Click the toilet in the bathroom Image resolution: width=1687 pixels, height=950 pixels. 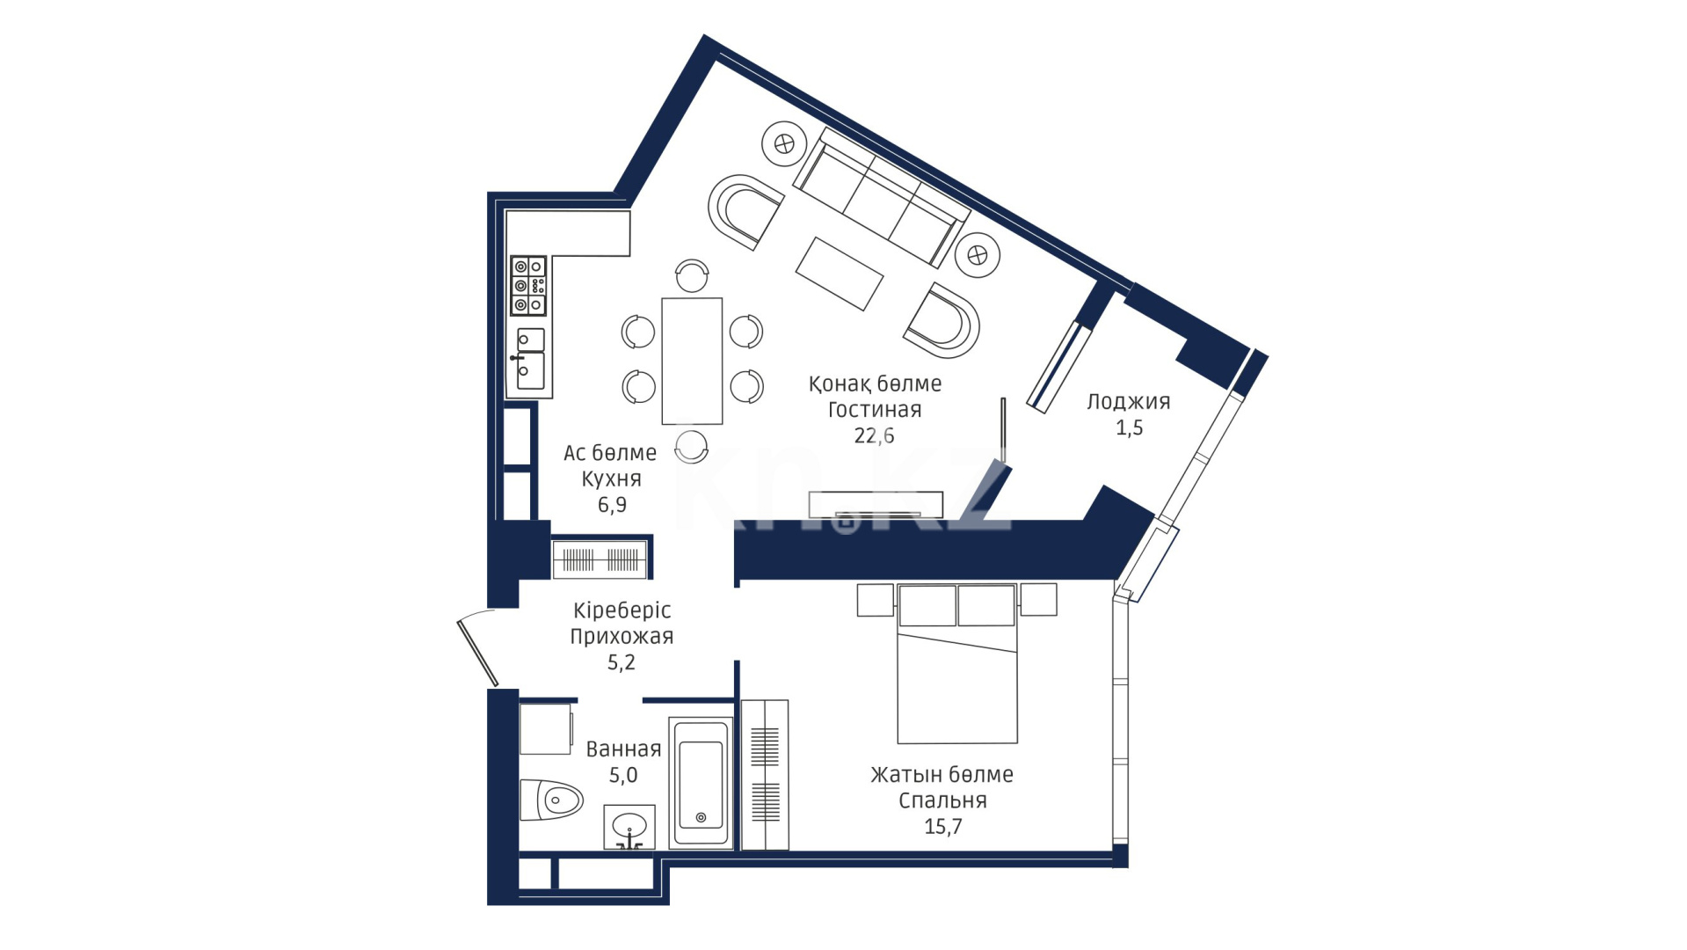(551, 800)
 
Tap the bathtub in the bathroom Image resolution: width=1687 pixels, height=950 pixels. (701, 783)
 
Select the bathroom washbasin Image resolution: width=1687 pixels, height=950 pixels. (629, 827)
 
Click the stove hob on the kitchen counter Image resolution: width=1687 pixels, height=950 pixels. (528, 286)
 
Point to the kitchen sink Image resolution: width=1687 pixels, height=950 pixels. (529, 359)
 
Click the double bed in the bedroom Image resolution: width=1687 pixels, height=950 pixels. (957, 663)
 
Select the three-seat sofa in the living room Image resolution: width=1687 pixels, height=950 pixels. (881, 197)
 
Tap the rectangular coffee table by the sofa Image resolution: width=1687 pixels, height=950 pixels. (840, 274)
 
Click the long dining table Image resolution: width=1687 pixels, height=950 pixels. (692, 361)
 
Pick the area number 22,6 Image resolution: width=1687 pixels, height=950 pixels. (874, 435)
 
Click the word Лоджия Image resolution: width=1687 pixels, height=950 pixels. (1129, 402)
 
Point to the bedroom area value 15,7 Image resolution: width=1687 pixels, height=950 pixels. (943, 827)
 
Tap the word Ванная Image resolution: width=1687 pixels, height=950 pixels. (623, 749)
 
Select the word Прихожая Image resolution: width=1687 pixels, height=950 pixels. (622, 637)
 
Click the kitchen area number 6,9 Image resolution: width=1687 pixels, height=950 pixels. (612, 505)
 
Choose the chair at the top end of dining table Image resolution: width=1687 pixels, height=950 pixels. (692, 274)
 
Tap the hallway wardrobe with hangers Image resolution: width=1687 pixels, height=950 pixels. (601, 559)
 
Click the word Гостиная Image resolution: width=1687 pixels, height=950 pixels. (875, 410)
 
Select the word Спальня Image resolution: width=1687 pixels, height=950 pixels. (942, 801)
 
